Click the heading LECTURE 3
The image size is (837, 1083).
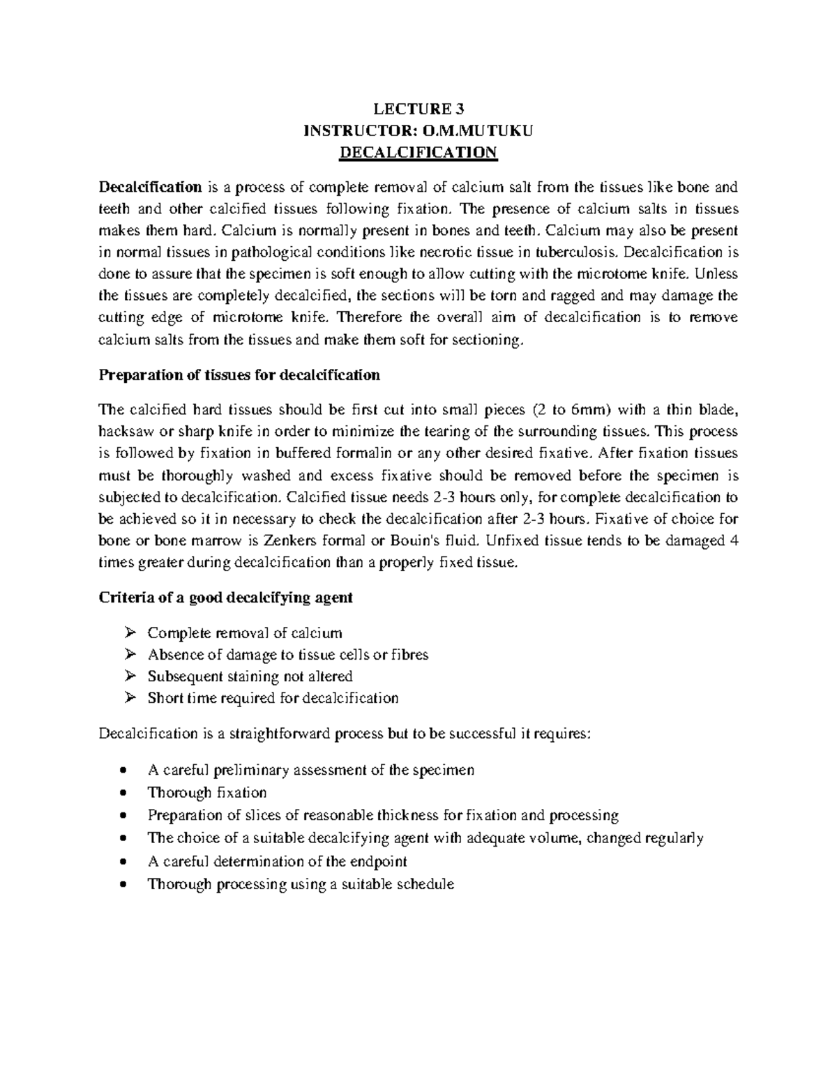tap(418, 109)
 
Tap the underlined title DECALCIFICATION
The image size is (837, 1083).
tap(418, 153)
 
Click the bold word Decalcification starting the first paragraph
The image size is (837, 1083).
tap(150, 187)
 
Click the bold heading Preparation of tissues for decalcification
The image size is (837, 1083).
tap(239, 375)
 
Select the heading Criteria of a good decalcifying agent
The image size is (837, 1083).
tap(226, 598)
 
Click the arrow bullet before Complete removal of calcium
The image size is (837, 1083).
tap(129, 633)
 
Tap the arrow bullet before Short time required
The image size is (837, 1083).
tap(129, 698)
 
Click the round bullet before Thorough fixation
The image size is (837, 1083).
tap(123, 794)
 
